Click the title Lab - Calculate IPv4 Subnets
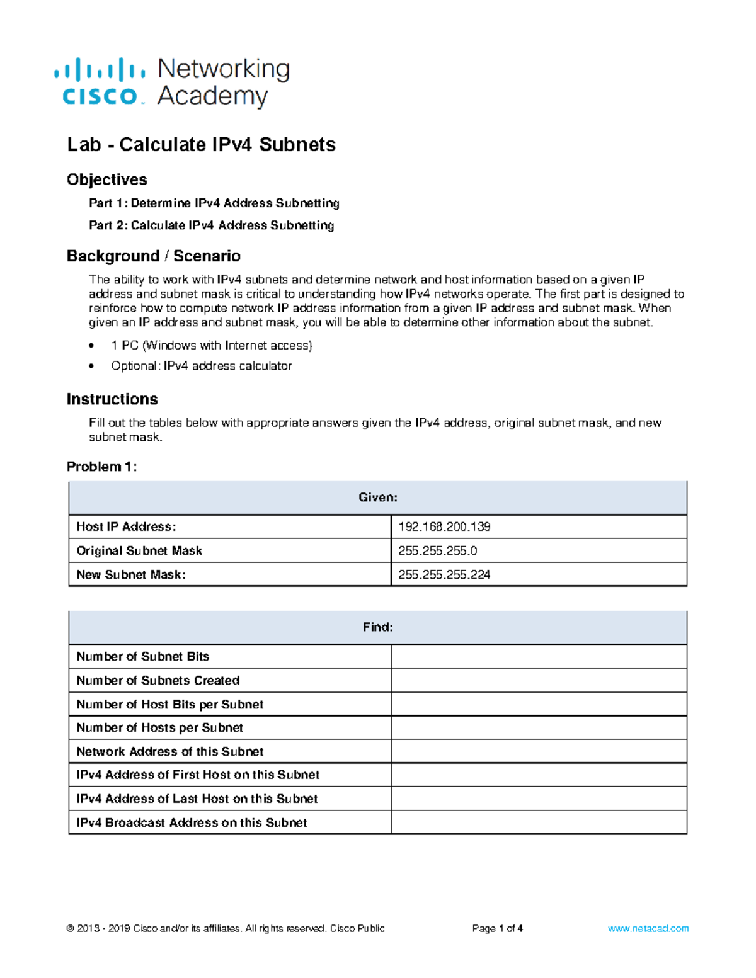pos(201,145)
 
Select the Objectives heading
pos(107,179)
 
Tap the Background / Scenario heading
pos(154,256)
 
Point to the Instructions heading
pos(112,399)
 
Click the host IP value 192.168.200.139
pos(444,526)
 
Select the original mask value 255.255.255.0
pos(438,550)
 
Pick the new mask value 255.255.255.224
pos(444,574)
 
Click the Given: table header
pos(378,498)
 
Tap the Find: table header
pos(378,627)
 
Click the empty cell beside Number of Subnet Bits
pos(539,656)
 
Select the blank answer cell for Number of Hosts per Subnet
pos(539,727)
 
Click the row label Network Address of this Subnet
pos(170,751)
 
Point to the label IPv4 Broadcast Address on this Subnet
pos(192,822)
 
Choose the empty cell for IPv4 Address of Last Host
pos(539,799)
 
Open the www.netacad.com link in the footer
pos(648,928)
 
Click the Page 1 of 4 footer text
pos(498,928)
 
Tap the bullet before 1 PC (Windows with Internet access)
pos(92,346)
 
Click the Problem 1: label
pos(101,467)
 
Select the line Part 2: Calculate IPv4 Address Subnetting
pos(211,225)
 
